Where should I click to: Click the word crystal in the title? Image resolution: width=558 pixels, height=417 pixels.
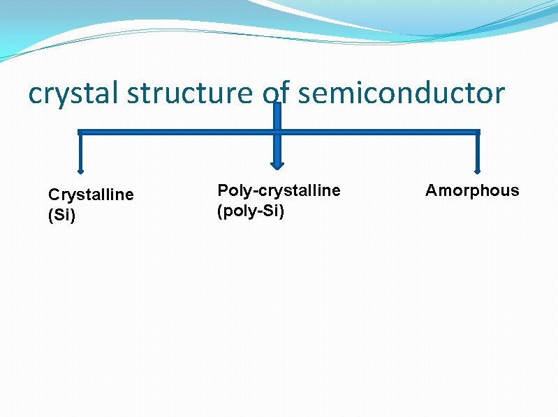73,93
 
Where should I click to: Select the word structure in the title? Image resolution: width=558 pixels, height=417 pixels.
189,93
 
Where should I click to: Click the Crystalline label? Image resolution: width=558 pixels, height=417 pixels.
90,195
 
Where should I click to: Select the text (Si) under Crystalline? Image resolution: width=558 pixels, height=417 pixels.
61,215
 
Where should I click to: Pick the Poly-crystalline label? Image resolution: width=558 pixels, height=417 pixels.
279,190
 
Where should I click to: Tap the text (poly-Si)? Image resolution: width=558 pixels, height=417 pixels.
251,211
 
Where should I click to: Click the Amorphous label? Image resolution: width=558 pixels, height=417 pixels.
472,190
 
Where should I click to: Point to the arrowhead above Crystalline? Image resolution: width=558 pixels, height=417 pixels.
80,170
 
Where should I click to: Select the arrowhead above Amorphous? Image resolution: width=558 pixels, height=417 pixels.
478,169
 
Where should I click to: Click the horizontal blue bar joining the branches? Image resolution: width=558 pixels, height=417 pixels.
175,132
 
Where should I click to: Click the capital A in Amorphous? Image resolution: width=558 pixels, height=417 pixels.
431,190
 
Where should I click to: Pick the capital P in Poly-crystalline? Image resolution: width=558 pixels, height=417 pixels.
223,190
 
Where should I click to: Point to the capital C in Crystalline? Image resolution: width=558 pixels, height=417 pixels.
53,195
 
